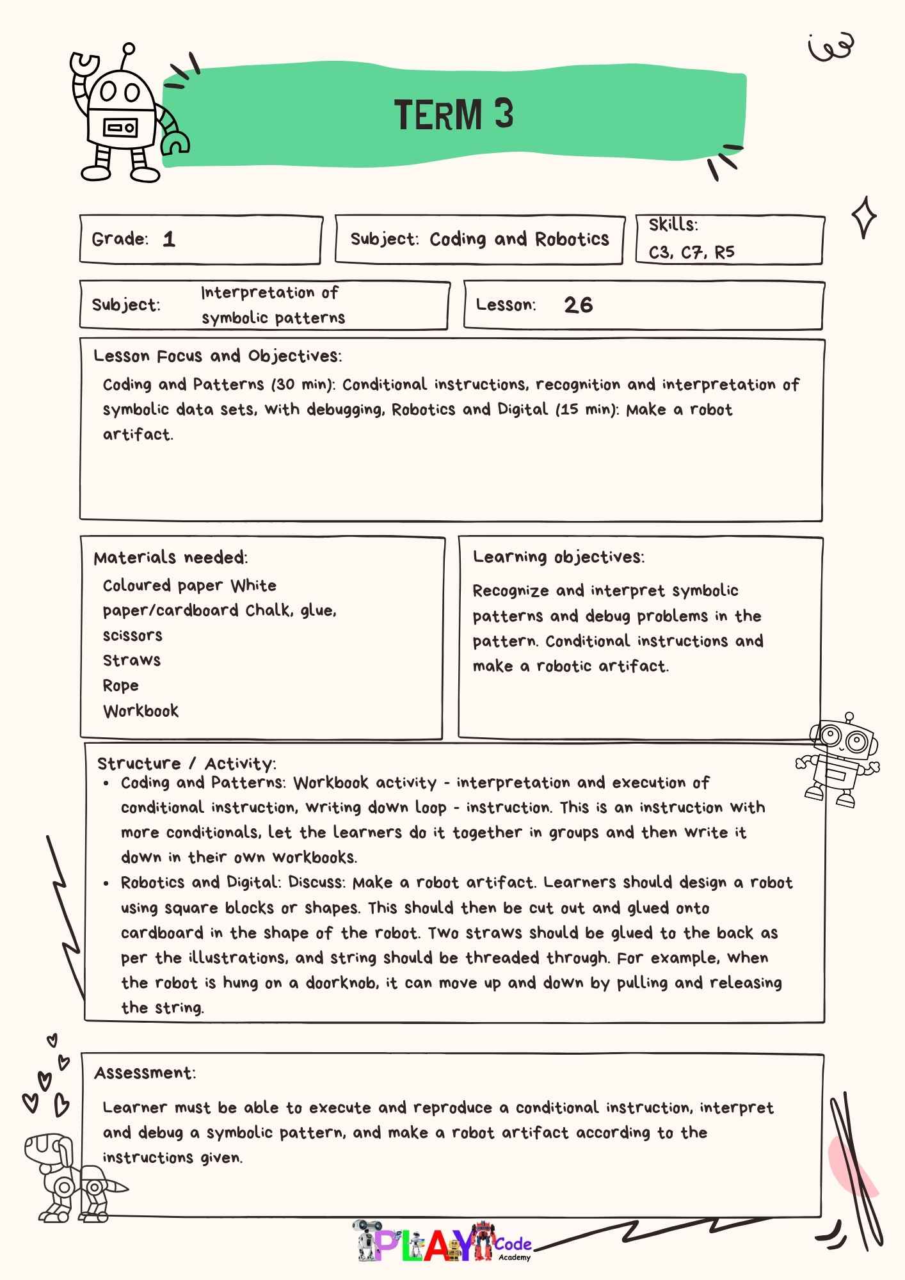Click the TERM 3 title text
454,115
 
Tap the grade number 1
169,239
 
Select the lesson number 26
579,305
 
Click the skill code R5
725,252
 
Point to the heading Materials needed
170,557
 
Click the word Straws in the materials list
132,660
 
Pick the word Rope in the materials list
121,685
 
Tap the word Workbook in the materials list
141,710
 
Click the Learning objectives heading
558,557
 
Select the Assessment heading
145,1073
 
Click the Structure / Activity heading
186,763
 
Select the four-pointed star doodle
864,218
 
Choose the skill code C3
659,252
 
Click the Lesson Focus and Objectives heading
218,356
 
